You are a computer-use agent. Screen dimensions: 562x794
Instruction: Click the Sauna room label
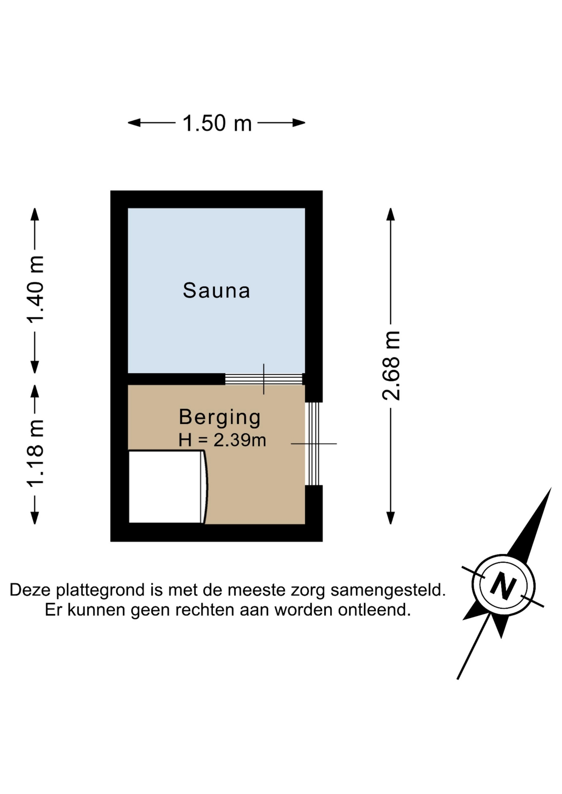216,290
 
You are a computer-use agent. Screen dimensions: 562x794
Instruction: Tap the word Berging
220,417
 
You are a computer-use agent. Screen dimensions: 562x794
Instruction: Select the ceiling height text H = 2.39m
222,440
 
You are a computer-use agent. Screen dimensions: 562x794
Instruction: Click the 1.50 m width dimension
217,123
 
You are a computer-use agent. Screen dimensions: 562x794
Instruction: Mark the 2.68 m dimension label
391,366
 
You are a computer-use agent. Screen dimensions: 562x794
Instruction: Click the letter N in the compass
503,586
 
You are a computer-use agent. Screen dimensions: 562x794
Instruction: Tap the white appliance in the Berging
168,487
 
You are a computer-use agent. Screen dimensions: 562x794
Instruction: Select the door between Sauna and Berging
264,379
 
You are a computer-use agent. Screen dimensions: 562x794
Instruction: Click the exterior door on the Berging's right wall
314,444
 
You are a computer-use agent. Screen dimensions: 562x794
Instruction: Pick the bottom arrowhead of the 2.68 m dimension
391,518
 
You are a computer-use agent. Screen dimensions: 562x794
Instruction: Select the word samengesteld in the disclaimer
388,590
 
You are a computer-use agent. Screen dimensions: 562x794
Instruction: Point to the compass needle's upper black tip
551,488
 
